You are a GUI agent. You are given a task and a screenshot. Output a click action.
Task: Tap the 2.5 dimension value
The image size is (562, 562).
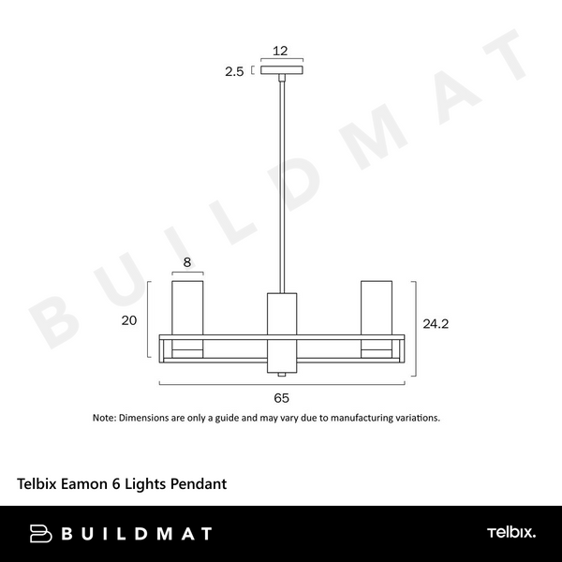point(234,70)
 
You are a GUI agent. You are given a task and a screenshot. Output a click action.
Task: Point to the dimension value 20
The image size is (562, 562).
point(130,320)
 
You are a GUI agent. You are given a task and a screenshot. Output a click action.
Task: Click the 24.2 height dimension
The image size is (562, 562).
point(436,324)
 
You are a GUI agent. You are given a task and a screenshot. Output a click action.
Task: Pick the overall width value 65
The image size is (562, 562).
point(281,398)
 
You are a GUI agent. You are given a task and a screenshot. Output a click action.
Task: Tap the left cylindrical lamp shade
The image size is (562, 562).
point(187,314)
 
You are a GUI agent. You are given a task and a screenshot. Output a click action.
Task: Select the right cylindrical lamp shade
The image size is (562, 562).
point(377,314)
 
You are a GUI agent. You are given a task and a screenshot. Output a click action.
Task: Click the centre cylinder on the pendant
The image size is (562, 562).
point(281,328)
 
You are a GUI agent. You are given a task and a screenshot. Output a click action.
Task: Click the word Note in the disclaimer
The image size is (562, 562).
point(103,418)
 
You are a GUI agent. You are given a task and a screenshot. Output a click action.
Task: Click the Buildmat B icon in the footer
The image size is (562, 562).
point(41,534)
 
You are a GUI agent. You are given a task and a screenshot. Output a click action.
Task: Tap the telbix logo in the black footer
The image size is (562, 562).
point(511,533)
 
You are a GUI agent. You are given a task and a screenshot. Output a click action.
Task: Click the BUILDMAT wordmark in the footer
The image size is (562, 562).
point(137,534)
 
